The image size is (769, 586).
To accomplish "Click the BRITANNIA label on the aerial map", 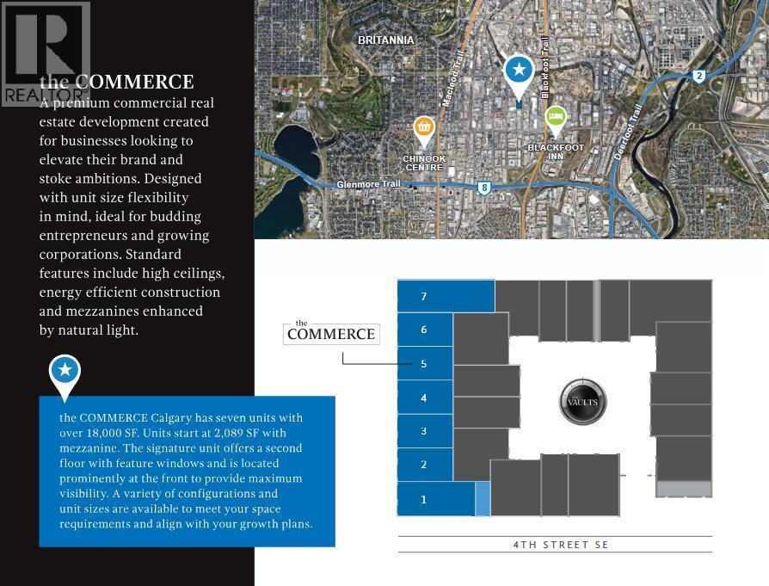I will [x=386, y=40].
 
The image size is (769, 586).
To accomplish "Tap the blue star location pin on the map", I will [x=518, y=72].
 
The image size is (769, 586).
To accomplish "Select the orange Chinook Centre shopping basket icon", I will [x=423, y=129].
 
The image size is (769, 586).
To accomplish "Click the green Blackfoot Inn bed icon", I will [x=556, y=116].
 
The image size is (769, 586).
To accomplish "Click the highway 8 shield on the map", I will [x=485, y=187].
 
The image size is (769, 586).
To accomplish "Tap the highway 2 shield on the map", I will [x=699, y=77].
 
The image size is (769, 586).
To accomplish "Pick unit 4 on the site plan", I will [x=424, y=398].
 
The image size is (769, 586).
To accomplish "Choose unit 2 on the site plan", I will [x=424, y=465].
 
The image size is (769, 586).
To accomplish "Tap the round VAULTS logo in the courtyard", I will [x=583, y=402].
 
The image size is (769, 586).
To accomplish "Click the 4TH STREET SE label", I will [x=561, y=545].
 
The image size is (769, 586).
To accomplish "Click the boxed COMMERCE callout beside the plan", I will [x=331, y=333].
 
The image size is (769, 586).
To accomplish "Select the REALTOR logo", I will [x=45, y=54].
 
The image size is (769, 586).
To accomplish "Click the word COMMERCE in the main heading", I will [x=141, y=83].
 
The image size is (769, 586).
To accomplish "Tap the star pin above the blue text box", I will [x=65, y=373].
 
